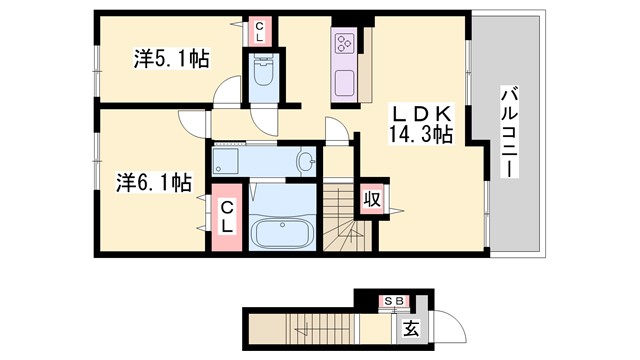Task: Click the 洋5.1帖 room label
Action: coord(171,59)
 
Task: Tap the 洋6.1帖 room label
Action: coord(154,182)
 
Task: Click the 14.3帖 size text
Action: coord(421,133)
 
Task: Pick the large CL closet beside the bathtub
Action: coord(227,216)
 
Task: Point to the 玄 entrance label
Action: coord(411,327)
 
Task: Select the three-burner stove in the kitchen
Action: coord(345,43)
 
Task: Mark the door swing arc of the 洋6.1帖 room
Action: coord(191,121)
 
